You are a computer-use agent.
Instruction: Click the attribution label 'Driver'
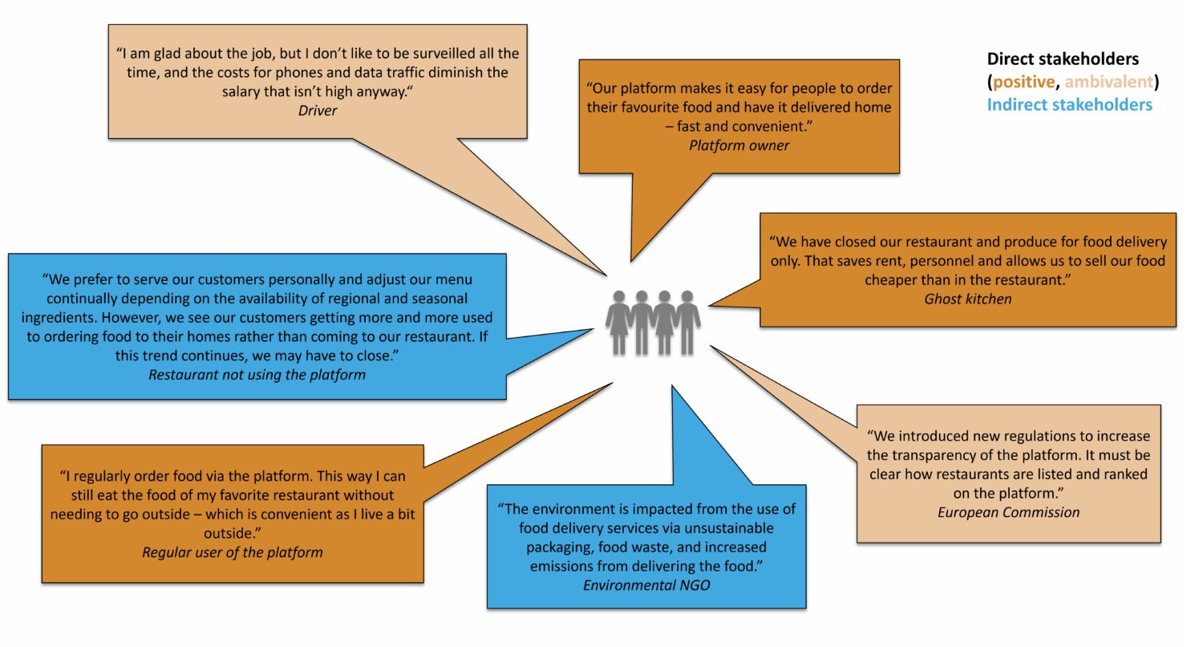318,111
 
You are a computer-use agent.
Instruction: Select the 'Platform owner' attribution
739,145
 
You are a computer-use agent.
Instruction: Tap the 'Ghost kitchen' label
967,299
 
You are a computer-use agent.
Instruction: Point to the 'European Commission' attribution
1008,512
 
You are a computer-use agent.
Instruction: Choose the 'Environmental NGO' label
646,586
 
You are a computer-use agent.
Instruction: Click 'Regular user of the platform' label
233,552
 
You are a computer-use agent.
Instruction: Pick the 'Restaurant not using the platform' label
257,374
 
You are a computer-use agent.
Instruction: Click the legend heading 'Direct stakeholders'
1062,59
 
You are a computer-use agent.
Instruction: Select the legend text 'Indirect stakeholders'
1069,104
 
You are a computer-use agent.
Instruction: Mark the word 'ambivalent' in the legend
1109,82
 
